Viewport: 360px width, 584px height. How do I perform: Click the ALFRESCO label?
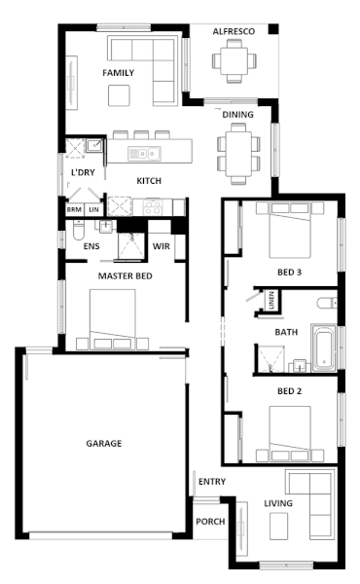pyautogui.click(x=234, y=32)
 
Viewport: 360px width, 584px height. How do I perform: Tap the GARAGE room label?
pyautogui.click(x=104, y=443)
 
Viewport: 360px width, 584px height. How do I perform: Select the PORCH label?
pyautogui.click(x=210, y=522)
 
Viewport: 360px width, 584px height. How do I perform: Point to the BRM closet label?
pyautogui.click(x=74, y=209)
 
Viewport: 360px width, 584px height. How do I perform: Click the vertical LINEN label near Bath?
pyautogui.click(x=271, y=300)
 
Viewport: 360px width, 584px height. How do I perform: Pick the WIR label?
pyautogui.click(x=162, y=246)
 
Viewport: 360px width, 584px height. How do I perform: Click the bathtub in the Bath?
pyautogui.click(x=324, y=347)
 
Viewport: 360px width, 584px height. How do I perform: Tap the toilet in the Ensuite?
pyautogui.click(x=79, y=230)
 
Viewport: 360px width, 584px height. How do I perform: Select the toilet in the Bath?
pyautogui.click(x=327, y=303)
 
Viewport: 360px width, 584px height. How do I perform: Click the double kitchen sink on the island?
pyautogui.click(x=144, y=153)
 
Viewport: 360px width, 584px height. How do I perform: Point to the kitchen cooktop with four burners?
pyautogui.click(x=153, y=207)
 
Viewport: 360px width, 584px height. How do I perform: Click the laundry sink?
pyautogui.click(x=94, y=145)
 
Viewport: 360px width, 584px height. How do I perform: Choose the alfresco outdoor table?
pyautogui.click(x=234, y=60)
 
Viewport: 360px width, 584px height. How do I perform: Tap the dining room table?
pyautogui.click(x=238, y=154)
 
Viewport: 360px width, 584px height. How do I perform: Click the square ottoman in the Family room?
pyautogui.click(x=119, y=95)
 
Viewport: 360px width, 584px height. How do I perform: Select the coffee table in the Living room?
pyautogui.click(x=279, y=526)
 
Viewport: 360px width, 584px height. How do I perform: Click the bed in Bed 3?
pyautogui.click(x=290, y=230)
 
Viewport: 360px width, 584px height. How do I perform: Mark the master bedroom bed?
pyautogui.click(x=113, y=319)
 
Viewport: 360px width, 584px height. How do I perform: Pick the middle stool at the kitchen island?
pyautogui.click(x=141, y=134)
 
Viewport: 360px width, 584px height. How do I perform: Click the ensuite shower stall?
pyautogui.click(x=130, y=245)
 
